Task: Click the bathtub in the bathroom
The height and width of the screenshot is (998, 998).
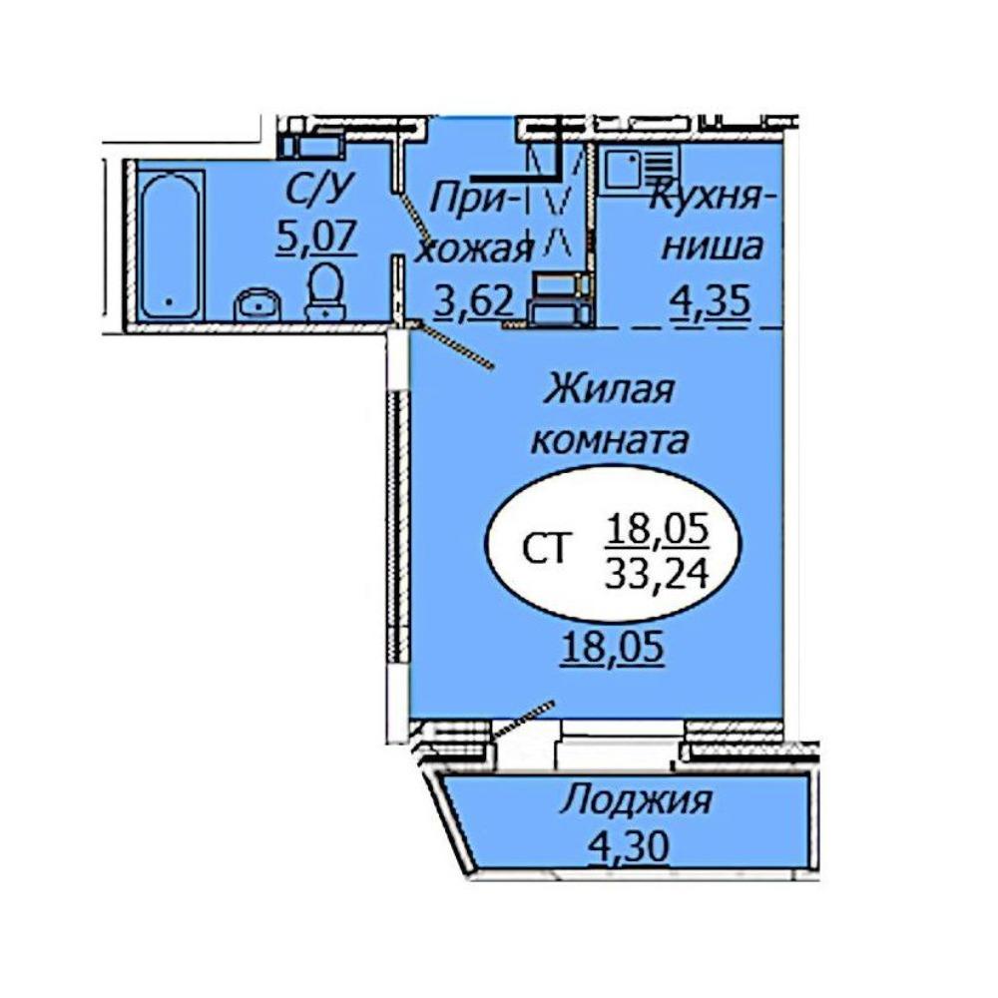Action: (x=170, y=246)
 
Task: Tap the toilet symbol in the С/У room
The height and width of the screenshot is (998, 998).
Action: (x=325, y=292)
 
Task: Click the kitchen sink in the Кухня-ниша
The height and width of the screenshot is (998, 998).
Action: (x=641, y=169)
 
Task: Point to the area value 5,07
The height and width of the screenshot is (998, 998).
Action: (x=315, y=238)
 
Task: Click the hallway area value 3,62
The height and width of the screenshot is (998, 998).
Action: (x=473, y=299)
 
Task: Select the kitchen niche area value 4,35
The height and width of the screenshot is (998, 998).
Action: (x=710, y=301)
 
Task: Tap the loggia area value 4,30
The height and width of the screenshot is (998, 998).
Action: (x=628, y=846)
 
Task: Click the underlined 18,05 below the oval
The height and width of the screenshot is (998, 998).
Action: (x=613, y=647)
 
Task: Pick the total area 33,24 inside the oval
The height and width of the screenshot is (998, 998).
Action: (x=657, y=575)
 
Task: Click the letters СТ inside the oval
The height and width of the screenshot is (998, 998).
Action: (x=544, y=549)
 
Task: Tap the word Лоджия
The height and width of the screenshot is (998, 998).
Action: (x=636, y=800)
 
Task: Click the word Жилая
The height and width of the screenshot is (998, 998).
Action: (x=609, y=389)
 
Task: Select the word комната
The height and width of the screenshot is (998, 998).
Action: (x=610, y=440)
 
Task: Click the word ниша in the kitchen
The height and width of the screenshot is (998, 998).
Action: (x=712, y=247)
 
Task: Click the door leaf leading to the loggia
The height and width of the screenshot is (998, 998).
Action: (x=523, y=718)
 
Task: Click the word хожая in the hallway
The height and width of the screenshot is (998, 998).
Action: (x=473, y=250)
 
